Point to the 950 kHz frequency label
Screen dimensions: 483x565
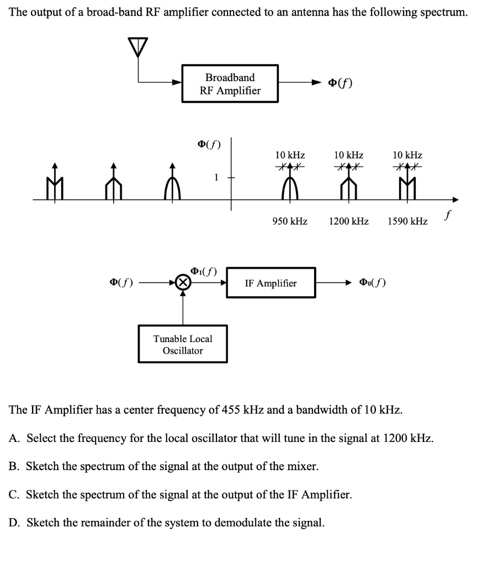[x=290, y=221]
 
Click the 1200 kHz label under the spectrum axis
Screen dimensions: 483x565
[x=348, y=221]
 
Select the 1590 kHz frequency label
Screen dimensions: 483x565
[x=407, y=221]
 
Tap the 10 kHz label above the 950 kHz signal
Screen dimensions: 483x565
[x=290, y=155]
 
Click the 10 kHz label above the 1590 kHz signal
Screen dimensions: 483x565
[x=407, y=155]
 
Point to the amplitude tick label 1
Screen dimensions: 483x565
[x=216, y=177]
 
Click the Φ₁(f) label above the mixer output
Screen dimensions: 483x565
[x=204, y=271]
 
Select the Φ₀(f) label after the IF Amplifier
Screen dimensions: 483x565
[x=373, y=282]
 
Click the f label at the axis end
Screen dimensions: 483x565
[x=448, y=215]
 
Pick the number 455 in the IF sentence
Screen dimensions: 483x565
[x=231, y=410]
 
